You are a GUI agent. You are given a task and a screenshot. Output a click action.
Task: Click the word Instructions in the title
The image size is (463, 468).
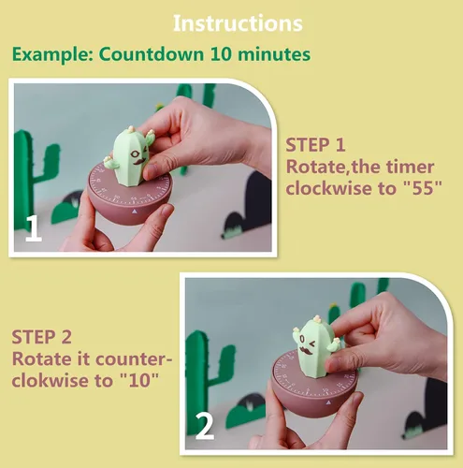pyautogui.click(x=238, y=23)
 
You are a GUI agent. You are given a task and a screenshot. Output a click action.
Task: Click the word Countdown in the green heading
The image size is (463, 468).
pyautogui.click(x=152, y=54)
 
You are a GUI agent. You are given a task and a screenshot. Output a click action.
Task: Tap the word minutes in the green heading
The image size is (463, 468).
pyautogui.click(x=274, y=54)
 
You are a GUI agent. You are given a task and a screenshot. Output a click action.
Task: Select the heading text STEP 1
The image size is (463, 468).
pyautogui.click(x=315, y=145)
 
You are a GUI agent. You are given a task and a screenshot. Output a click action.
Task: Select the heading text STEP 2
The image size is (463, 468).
pyautogui.click(x=41, y=337)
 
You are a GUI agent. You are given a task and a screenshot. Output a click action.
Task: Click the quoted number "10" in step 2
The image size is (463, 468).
pyautogui.click(x=139, y=380)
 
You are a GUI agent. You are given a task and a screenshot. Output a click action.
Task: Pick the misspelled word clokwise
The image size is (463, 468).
pyautogui.click(x=51, y=380)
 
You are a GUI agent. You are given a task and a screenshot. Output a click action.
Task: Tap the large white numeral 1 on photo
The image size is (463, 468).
pyautogui.click(x=33, y=228)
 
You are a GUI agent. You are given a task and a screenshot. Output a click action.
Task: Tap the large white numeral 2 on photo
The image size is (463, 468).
pyautogui.click(x=205, y=427)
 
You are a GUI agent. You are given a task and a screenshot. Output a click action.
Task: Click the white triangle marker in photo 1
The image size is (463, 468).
pyautogui.click(x=135, y=212)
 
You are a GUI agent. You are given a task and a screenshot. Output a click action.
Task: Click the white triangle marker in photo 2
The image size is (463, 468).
pyautogui.click(x=328, y=403)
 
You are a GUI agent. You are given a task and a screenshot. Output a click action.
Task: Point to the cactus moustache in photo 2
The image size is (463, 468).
pyautogui.click(x=308, y=351)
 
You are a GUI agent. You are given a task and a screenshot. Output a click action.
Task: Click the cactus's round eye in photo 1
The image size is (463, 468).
pyautogui.click(x=135, y=154)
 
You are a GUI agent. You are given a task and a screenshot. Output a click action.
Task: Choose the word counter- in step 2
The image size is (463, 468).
pyautogui.click(x=134, y=359)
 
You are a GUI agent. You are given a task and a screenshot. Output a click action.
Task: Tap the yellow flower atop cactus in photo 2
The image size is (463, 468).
pyautogui.click(x=317, y=318)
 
